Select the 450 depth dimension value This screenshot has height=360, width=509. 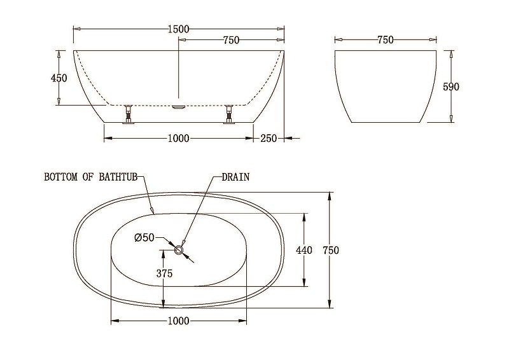click(59, 78)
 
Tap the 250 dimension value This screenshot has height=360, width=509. click(268, 139)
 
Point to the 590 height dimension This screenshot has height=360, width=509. click(451, 87)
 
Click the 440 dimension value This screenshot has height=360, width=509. click(304, 250)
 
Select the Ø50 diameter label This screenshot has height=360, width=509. click(144, 238)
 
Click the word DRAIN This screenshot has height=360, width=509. click(235, 177)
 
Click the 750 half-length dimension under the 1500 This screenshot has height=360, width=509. click(231, 41)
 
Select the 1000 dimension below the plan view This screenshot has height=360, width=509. click(179, 321)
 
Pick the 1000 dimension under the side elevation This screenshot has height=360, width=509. click(179, 139)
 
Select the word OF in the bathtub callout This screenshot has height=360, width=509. click(90, 177)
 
